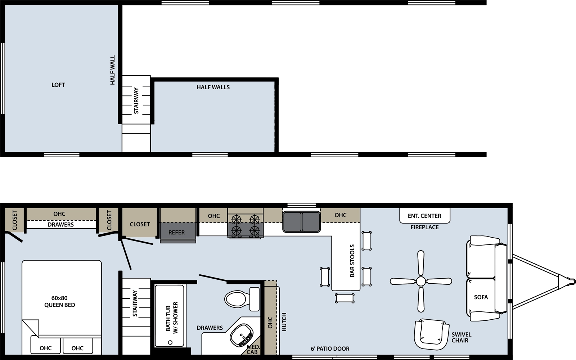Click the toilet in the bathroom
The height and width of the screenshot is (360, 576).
[242, 299]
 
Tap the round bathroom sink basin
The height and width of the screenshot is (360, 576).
[242, 335]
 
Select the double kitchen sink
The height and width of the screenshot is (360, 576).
[302, 222]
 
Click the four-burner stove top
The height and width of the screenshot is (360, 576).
[246, 225]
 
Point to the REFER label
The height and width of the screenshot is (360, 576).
[176, 233]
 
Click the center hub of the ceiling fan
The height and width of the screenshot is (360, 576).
[421, 281]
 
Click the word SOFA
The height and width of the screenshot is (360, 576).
[481, 297]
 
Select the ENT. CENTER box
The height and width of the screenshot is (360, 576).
[424, 216]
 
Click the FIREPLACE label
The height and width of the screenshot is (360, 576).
[424, 227]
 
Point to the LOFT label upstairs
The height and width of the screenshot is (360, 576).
[58, 85]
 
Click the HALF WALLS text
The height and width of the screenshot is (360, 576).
[213, 87]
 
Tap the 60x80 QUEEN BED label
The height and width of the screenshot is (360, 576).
[60, 301]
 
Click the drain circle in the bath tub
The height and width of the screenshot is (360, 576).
[170, 342]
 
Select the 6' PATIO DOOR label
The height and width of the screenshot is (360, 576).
[330, 349]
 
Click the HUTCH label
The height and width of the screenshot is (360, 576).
[284, 322]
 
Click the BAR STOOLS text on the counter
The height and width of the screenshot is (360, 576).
[352, 261]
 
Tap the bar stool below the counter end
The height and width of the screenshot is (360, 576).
[345, 298]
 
